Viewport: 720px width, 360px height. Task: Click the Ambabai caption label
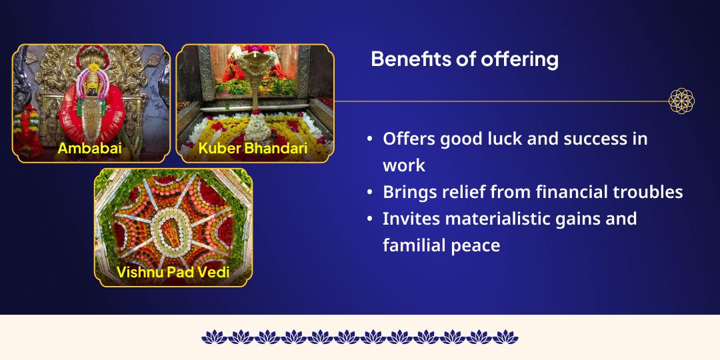pyautogui.click(x=89, y=148)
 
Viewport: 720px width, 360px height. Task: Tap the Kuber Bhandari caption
pyautogui.click(x=253, y=148)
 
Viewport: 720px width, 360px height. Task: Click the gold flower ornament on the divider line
pyautogui.click(x=681, y=101)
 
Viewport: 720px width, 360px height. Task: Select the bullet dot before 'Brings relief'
pyautogui.click(x=370, y=192)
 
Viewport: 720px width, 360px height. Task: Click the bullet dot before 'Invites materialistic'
pyautogui.click(x=370, y=219)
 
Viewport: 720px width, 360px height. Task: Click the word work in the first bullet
pyautogui.click(x=404, y=165)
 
